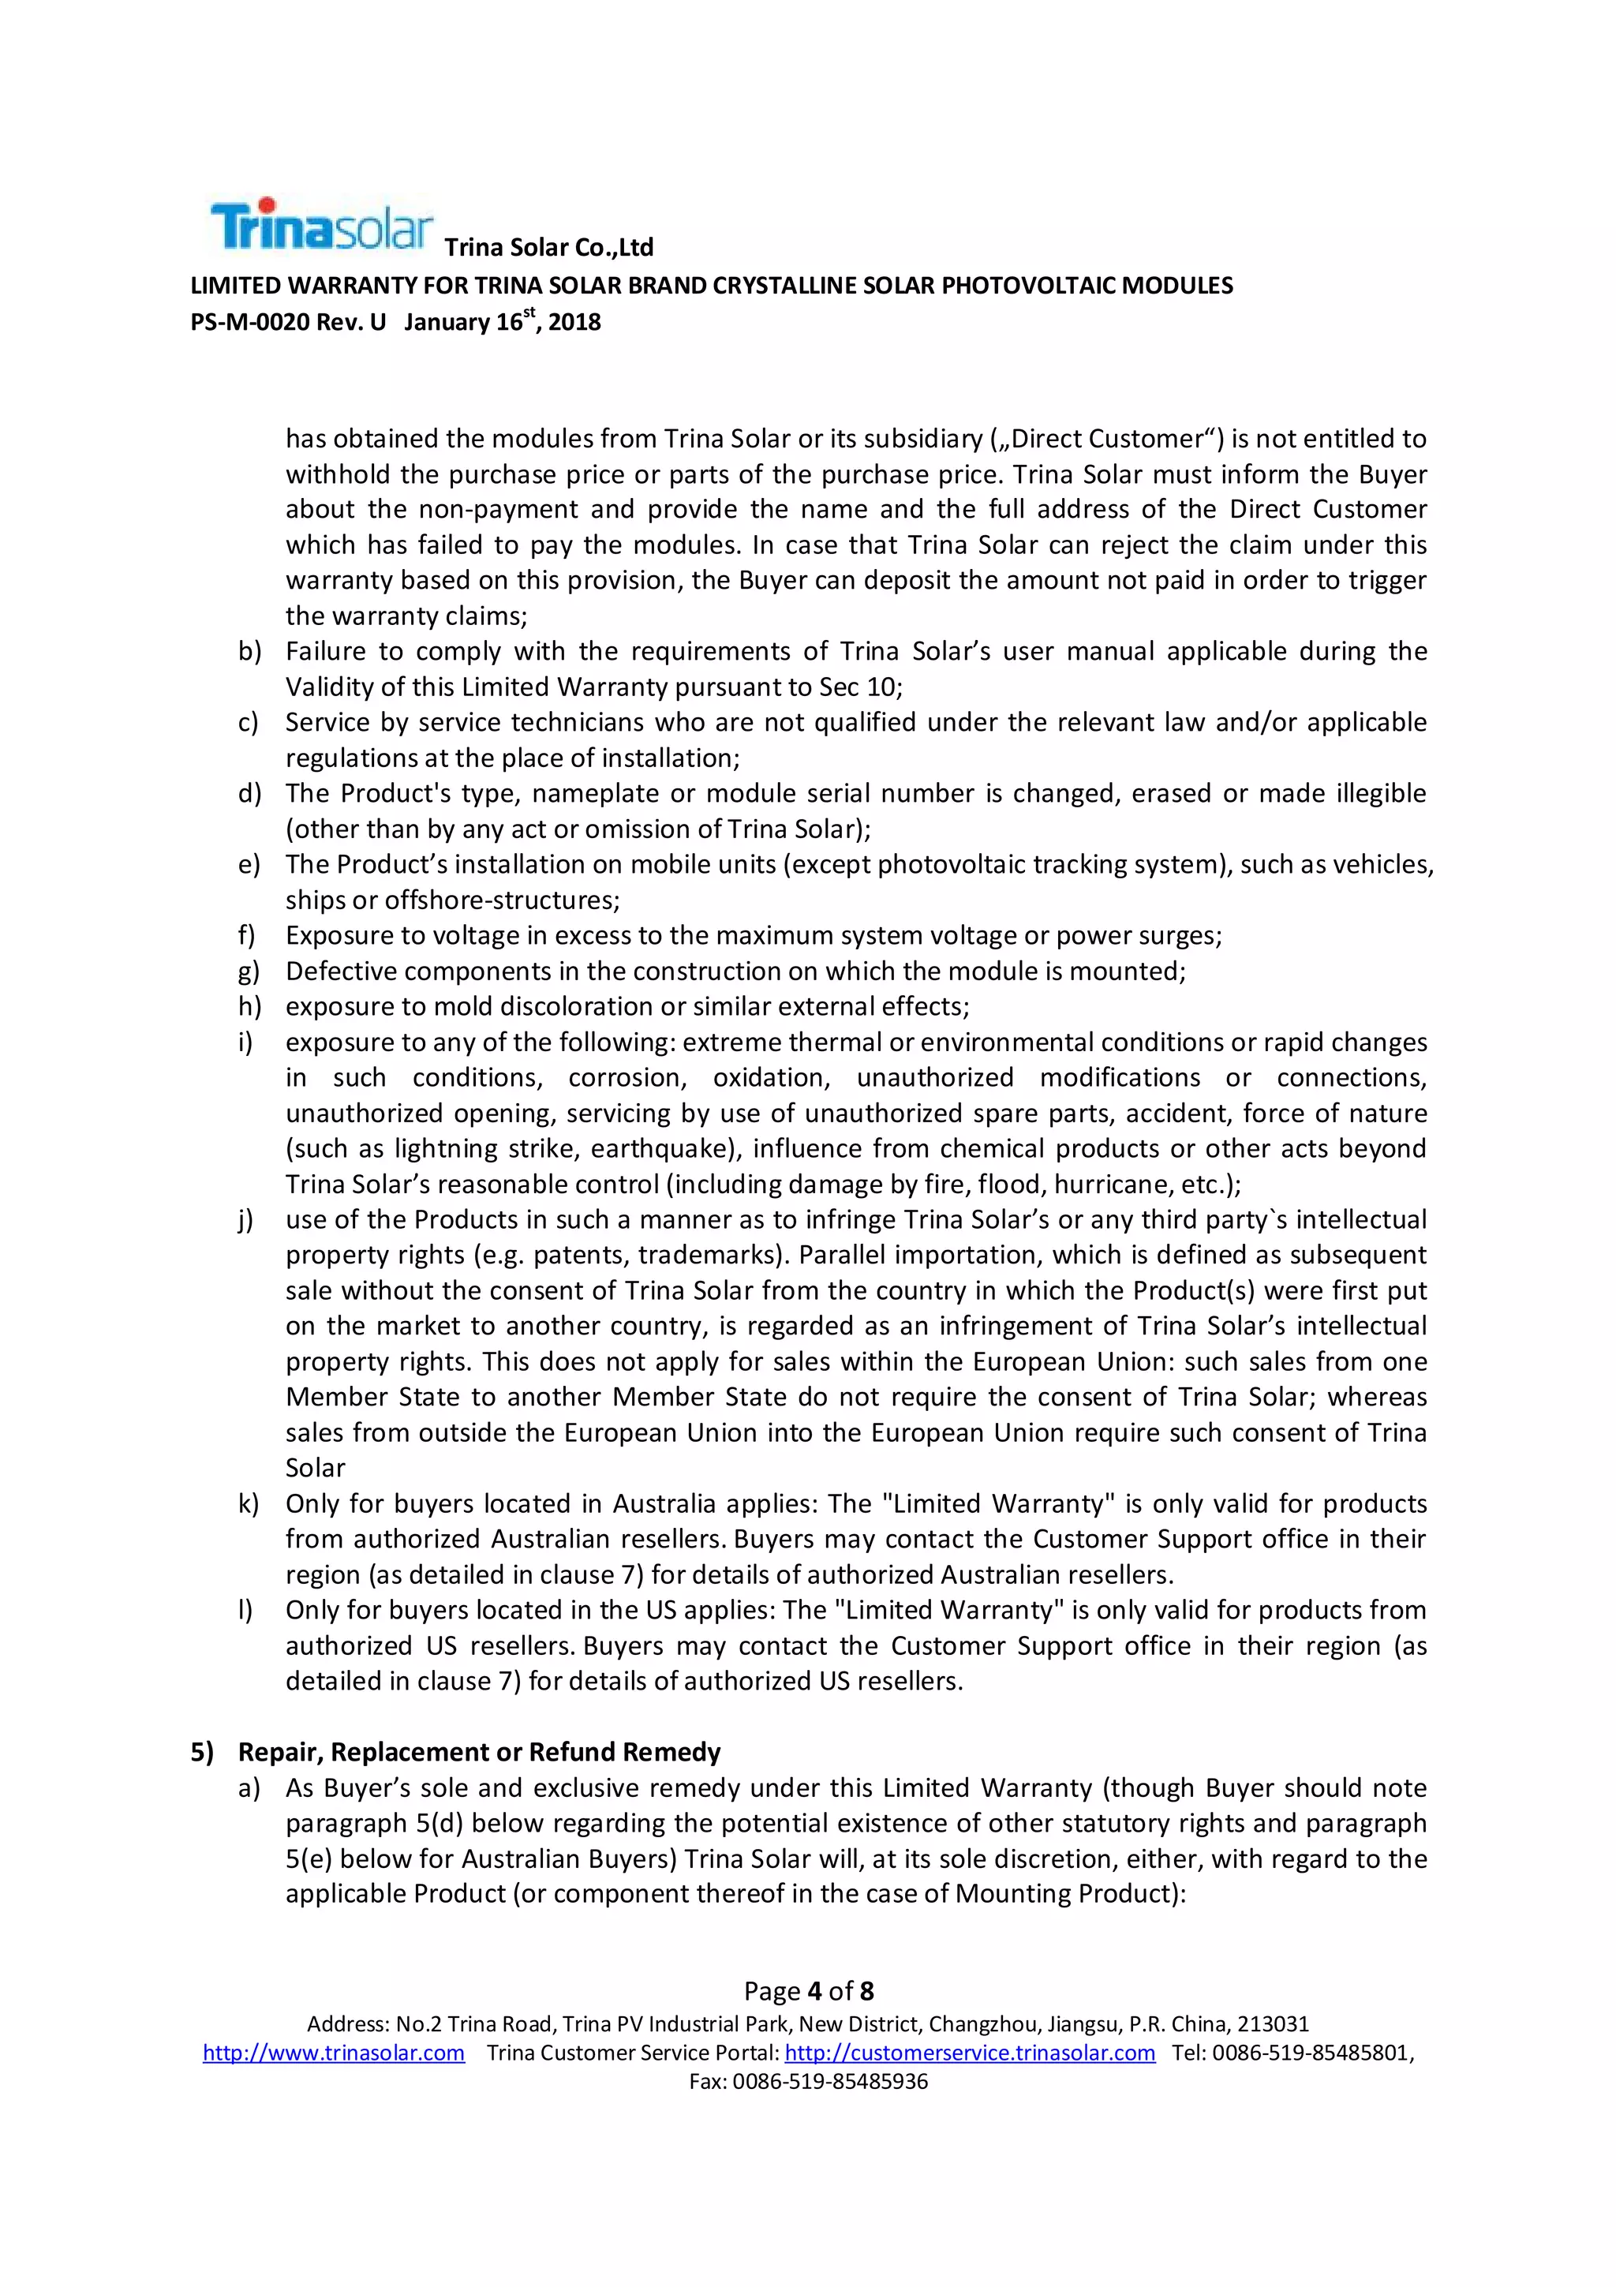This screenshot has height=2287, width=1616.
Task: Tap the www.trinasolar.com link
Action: [x=334, y=2052]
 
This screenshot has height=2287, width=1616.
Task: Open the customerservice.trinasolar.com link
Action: [x=970, y=2052]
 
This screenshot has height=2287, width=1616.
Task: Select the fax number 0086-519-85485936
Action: [x=829, y=2081]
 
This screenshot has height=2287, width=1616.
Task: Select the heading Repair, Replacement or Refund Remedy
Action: [x=479, y=1751]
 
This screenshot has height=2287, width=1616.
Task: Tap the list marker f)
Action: [x=246, y=935]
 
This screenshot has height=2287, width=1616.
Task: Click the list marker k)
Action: [x=247, y=1503]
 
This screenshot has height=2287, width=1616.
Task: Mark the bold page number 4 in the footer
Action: [x=814, y=1991]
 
